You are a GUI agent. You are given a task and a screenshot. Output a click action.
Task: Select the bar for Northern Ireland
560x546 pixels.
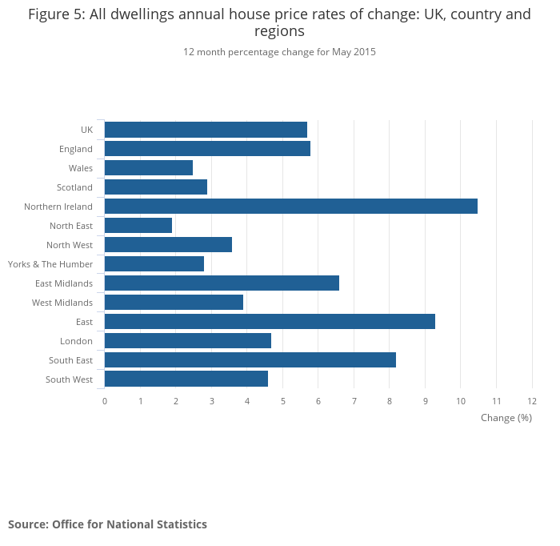click(x=290, y=207)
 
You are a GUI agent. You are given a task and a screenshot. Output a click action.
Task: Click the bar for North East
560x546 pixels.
click(x=138, y=226)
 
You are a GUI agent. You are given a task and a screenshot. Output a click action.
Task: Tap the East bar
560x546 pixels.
click(x=270, y=322)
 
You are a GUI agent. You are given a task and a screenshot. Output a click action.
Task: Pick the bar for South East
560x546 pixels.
click(x=250, y=360)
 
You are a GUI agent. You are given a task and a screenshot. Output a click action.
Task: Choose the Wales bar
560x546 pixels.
click(x=149, y=168)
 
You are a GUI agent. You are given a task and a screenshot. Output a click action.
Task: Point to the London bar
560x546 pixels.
click(x=188, y=341)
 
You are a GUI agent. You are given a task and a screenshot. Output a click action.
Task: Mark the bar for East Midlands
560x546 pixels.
click(x=222, y=283)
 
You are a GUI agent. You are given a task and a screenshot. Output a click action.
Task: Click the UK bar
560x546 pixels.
click(x=206, y=130)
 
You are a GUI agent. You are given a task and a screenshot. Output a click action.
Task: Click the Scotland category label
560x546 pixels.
click(x=74, y=187)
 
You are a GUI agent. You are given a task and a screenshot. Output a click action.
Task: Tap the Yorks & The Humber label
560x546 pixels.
click(x=50, y=264)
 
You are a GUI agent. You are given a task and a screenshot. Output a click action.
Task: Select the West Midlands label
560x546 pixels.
click(x=62, y=303)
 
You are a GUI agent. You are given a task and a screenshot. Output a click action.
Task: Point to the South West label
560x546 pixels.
click(x=69, y=379)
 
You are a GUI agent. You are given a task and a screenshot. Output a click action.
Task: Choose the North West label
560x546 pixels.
click(x=70, y=245)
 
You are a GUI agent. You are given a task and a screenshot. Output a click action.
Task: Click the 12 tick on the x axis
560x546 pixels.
click(x=532, y=400)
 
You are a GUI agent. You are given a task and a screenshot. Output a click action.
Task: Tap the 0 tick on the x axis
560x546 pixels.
click(x=105, y=400)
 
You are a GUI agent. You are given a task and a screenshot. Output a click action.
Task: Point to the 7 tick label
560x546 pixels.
click(x=354, y=400)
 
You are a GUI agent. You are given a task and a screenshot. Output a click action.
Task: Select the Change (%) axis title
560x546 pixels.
click(x=506, y=418)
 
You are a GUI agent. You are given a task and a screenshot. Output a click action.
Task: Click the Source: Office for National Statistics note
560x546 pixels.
click(x=107, y=524)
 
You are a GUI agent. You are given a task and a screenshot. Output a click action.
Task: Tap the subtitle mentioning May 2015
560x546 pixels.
click(x=279, y=52)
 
